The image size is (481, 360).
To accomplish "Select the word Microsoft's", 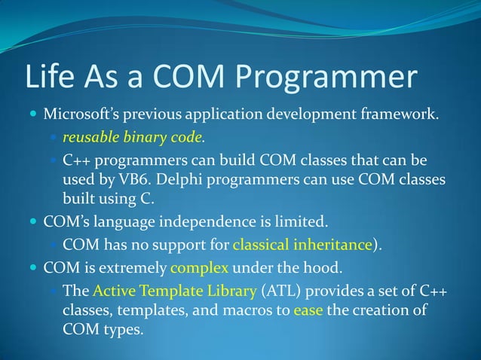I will pyautogui.click(x=78, y=116).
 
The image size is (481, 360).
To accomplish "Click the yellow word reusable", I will pyautogui.click(x=89, y=138).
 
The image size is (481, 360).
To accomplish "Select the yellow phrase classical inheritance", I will pyautogui.click(x=302, y=245).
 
